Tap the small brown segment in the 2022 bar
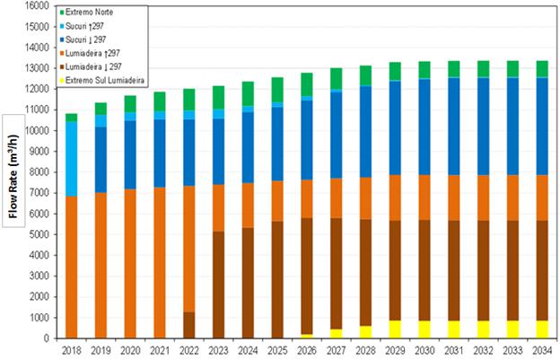[188, 324]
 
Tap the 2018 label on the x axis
[71, 350]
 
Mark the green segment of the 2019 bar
[101, 109]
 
